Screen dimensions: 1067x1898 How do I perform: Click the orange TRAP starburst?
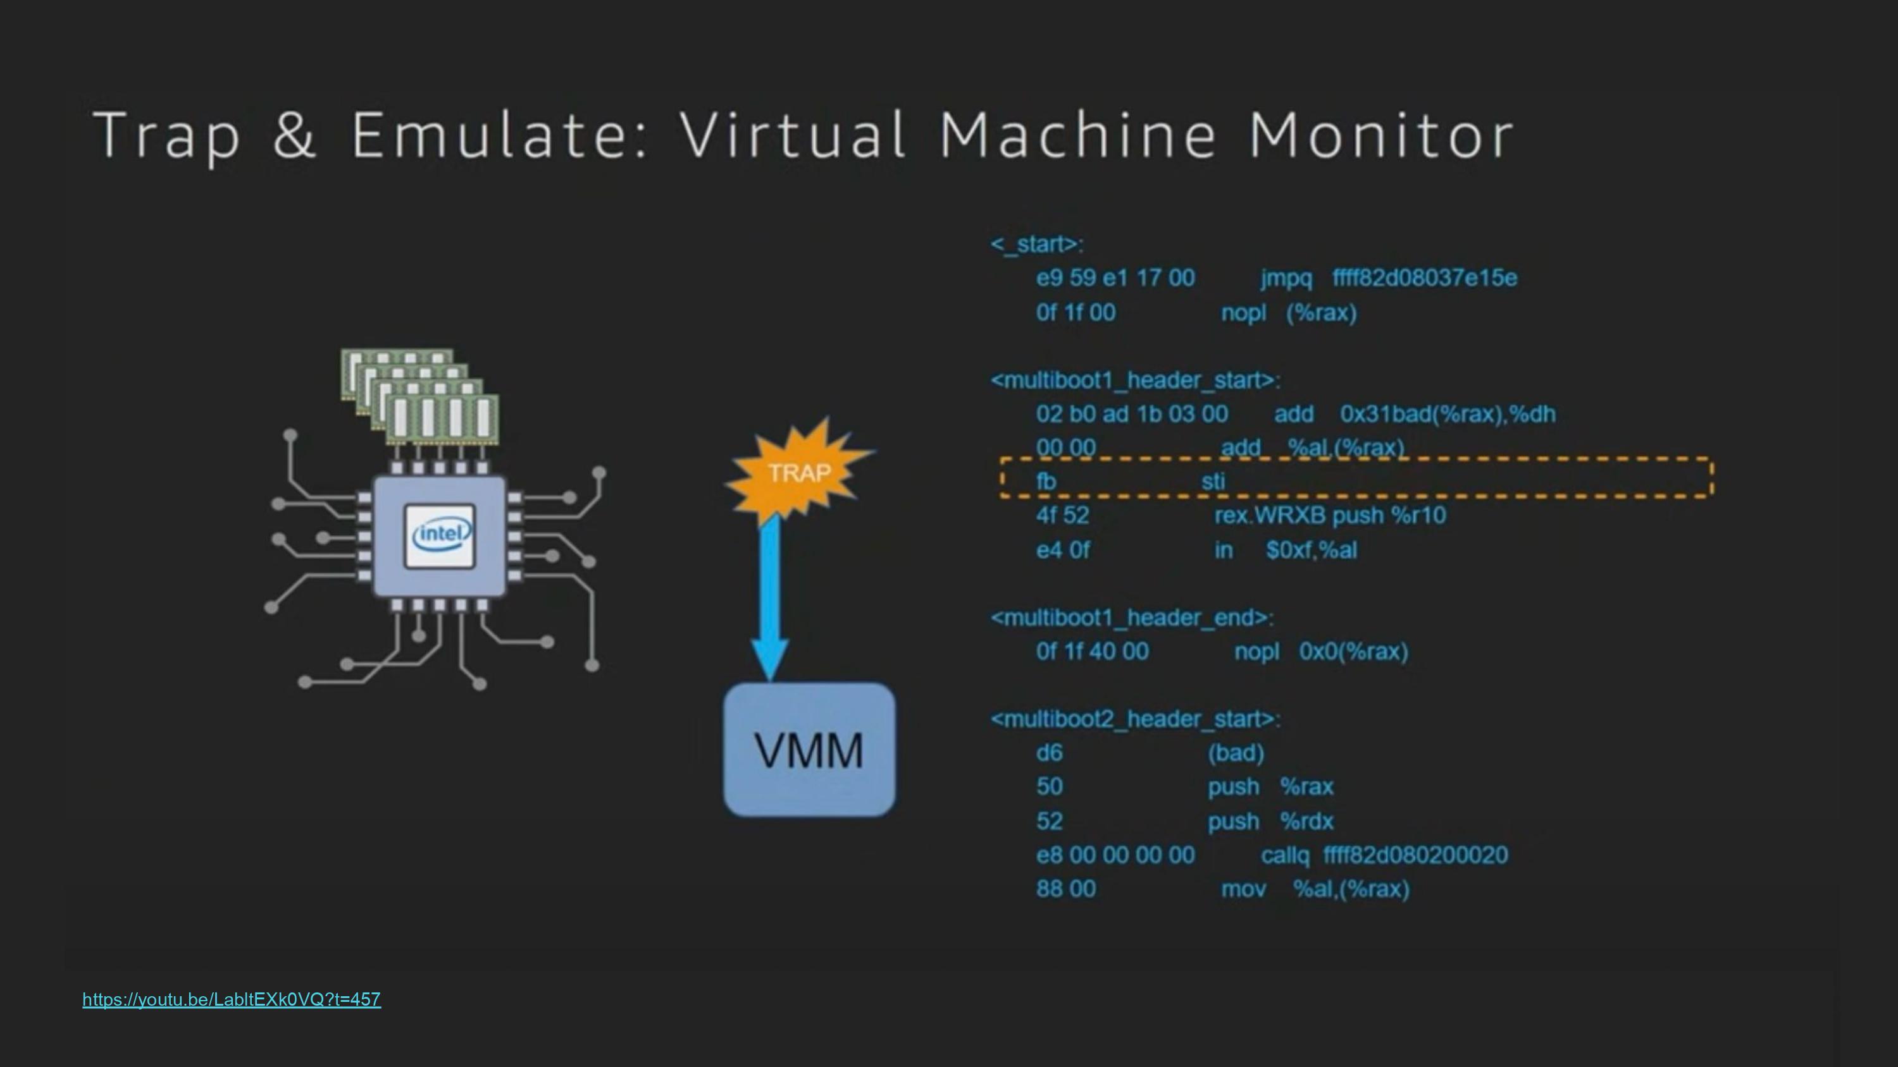pos(798,472)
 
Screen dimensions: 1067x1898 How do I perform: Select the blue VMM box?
pos(809,750)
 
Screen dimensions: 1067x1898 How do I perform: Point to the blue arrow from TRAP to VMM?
pos(770,597)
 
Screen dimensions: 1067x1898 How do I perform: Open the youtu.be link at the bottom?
pos(232,999)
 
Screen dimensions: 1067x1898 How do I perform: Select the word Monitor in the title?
pos(1380,135)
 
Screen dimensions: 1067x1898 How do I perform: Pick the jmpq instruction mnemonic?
pos(1286,278)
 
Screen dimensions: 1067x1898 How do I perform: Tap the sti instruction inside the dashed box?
pos(1213,482)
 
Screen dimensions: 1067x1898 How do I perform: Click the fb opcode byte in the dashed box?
pos(1046,482)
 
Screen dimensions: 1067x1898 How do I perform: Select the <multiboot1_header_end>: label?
pos(1132,618)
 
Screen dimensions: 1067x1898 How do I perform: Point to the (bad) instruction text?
pos(1236,753)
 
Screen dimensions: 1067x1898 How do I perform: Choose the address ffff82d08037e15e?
pos(1424,278)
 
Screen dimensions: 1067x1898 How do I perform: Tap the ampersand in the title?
pos(294,135)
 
